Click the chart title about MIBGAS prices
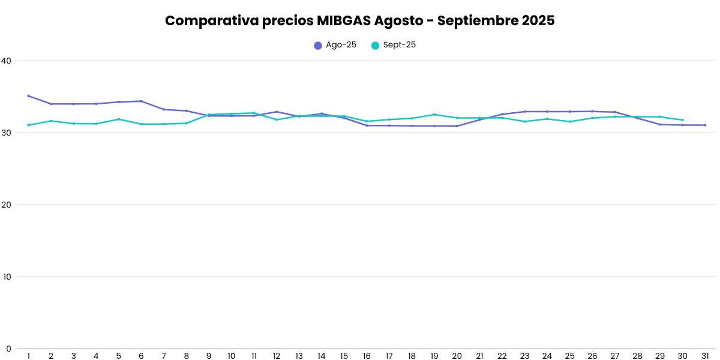(x=360, y=20)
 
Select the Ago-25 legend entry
(x=335, y=45)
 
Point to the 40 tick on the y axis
(x=7, y=61)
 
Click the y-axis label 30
(x=7, y=133)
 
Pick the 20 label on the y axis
(x=7, y=205)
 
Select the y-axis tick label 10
(x=7, y=277)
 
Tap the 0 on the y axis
(x=9, y=349)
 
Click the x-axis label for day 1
(x=28, y=356)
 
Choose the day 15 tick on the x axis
(x=344, y=356)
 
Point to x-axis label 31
(x=705, y=356)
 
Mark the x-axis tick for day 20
(x=457, y=356)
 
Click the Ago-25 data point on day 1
(x=28, y=96)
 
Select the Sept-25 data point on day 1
(x=28, y=125)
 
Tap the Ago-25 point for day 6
(x=141, y=101)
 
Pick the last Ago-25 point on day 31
(x=705, y=125)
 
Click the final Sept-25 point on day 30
(x=682, y=120)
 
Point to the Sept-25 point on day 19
(x=434, y=115)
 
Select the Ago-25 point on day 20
(x=457, y=126)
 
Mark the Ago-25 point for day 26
(x=592, y=111)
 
